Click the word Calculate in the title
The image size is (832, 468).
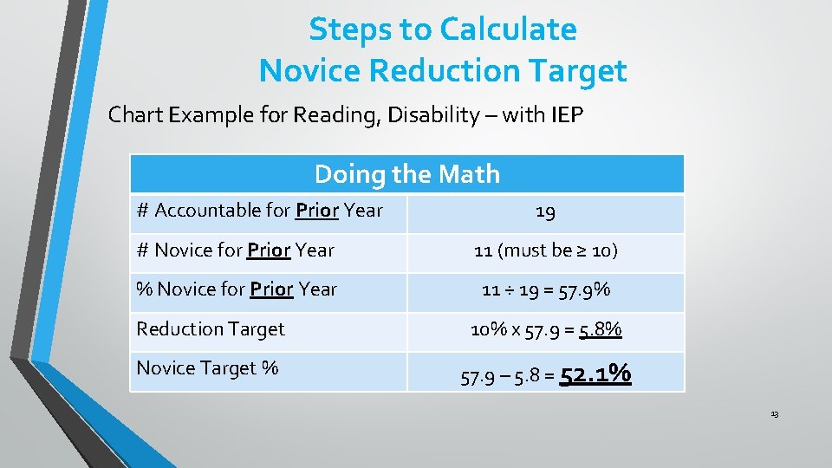(x=507, y=29)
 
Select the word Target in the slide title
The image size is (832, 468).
(x=578, y=70)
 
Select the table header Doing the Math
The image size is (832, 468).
(x=407, y=174)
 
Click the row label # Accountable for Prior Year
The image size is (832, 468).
(x=259, y=211)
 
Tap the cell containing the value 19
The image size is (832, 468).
(x=545, y=211)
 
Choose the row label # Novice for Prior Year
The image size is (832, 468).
(x=235, y=250)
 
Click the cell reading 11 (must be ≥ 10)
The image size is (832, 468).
(x=545, y=250)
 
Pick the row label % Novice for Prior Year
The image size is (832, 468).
(x=237, y=289)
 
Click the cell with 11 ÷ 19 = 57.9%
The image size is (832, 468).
(x=545, y=290)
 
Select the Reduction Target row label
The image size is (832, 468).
(x=211, y=329)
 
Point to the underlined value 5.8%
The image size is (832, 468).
(x=601, y=330)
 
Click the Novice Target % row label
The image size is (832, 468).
(x=207, y=368)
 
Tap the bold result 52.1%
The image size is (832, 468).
(x=595, y=375)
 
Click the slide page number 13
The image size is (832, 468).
(x=774, y=415)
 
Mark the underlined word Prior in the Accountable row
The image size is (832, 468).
(x=317, y=211)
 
